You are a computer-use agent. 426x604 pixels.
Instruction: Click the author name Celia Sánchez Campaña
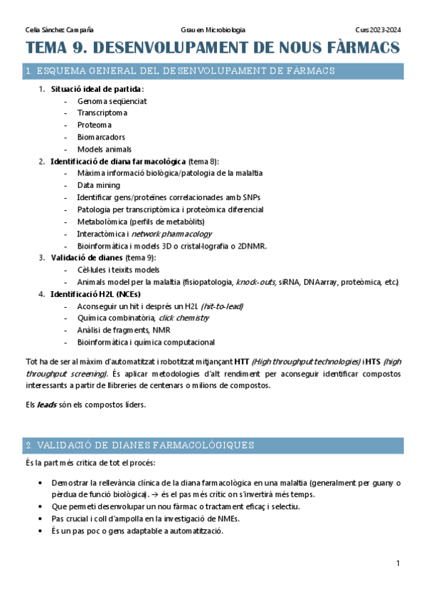[x=59, y=30]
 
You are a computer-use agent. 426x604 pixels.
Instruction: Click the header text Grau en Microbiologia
[x=213, y=30]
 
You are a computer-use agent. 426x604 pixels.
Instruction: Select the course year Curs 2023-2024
[x=378, y=30]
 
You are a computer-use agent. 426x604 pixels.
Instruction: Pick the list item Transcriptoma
[x=102, y=113]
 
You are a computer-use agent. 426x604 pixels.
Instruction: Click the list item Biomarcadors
[x=101, y=137]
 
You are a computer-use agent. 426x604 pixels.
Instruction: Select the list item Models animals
[x=105, y=149]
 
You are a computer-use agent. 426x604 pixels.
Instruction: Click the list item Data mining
[x=99, y=185]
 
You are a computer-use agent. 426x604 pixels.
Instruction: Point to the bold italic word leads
[x=47, y=405]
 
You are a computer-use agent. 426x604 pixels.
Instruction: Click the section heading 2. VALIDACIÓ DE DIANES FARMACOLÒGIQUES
[x=139, y=445]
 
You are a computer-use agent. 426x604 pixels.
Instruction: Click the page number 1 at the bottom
[x=398, y=563]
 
